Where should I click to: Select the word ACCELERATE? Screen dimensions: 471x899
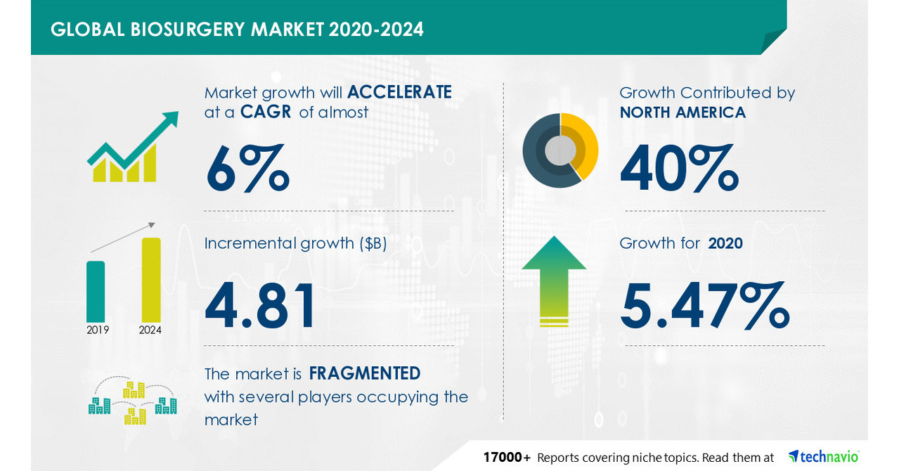tap(399, 92)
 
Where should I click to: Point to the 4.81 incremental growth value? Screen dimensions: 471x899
tap(260, 307)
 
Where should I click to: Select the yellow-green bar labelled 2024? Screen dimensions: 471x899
tap(151, 279)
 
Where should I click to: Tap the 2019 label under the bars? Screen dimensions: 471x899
tap(98, 330)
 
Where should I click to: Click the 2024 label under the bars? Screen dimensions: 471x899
tap(150, 330)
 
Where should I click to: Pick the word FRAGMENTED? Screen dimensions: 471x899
tap(365, 373)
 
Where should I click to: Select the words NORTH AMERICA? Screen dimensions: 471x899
tap(683, 112)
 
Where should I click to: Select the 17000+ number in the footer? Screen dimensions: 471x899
tap(507, 458)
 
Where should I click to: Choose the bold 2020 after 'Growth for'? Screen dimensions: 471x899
tap(725, 243)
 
